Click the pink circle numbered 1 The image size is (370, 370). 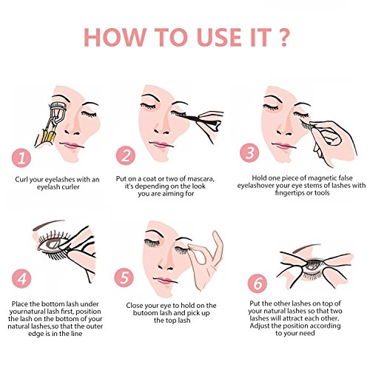(21, 158)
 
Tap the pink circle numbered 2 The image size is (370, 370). (126, 155)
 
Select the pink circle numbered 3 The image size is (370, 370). (249, 152)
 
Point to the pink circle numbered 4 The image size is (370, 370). (21, 279)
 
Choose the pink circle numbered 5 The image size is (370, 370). (124, 277)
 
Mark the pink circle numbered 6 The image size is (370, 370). (258, 283)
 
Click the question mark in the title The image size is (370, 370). (283, 37)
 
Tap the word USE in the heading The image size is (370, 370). (220, 37)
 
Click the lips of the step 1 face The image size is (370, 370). (70, 146)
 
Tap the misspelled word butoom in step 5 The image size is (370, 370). (143, 313)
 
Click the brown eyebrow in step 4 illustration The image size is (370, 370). (48, 224)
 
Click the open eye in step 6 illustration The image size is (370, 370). (314, 265)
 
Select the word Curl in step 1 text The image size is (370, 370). (21, 179)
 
